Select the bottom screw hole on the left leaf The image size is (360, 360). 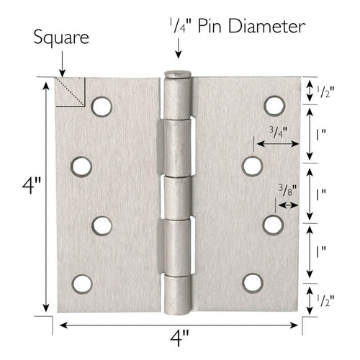(x=81, y=283)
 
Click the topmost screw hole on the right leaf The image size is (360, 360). (x=273, y=107)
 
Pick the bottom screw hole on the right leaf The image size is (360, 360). (x=253, y=282)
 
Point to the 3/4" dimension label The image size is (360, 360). (x=278, y=132)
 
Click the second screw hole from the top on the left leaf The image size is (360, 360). (x=81, y=166)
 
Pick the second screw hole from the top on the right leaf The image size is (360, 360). (x=252, y=166)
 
